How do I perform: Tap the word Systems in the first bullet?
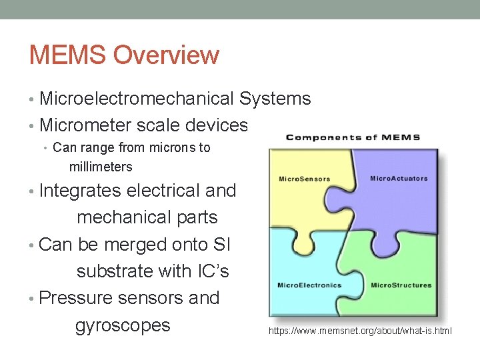[x=275, y=99]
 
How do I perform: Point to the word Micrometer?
[x=87, y=125]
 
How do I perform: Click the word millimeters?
[x=101, y=167]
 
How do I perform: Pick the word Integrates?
[x=81, y=191]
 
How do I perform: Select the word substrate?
[x=115, y=271]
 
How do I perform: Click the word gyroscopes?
[x=123, y=325]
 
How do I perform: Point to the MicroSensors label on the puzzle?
[x=299, y=179]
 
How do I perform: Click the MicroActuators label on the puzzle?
[x=399, y=179]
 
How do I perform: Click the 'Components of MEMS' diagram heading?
[x=353, y=137]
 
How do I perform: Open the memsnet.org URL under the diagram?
[x=360, y=331]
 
